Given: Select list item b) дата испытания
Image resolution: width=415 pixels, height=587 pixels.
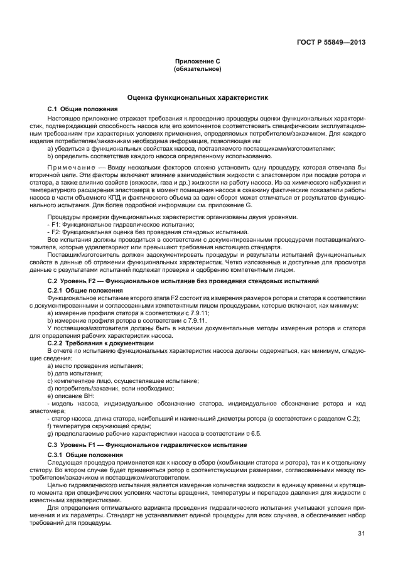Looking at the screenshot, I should pyautogui.click(x=75, y=373).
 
